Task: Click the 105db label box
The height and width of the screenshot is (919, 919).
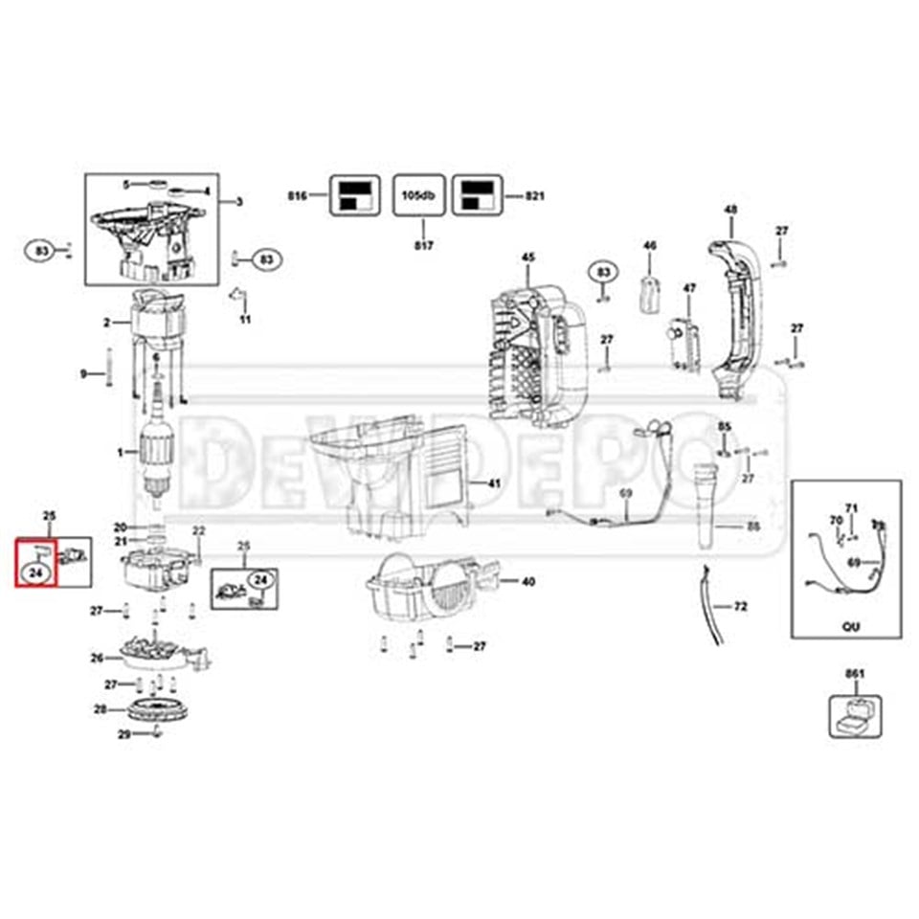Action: (x=417, y=195)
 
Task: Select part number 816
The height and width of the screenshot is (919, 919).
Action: (x=296, y=195)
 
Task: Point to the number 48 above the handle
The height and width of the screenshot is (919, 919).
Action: (x=730, y=210)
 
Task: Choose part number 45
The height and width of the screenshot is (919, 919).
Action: (x=527, y=257)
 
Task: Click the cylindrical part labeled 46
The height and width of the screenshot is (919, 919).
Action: (x=650, y=289)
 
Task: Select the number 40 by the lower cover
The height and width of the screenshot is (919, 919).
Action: (x=527, y=581)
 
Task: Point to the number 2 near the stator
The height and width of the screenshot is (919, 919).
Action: (x=107, y=323)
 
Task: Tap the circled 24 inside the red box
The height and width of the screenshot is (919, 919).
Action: (x=36, y=572)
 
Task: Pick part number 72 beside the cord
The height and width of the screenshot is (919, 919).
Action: (x=740, y=607)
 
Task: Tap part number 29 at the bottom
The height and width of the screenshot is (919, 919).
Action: (x=123, y=734)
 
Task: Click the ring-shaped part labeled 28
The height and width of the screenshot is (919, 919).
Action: (x=155, y=712)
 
